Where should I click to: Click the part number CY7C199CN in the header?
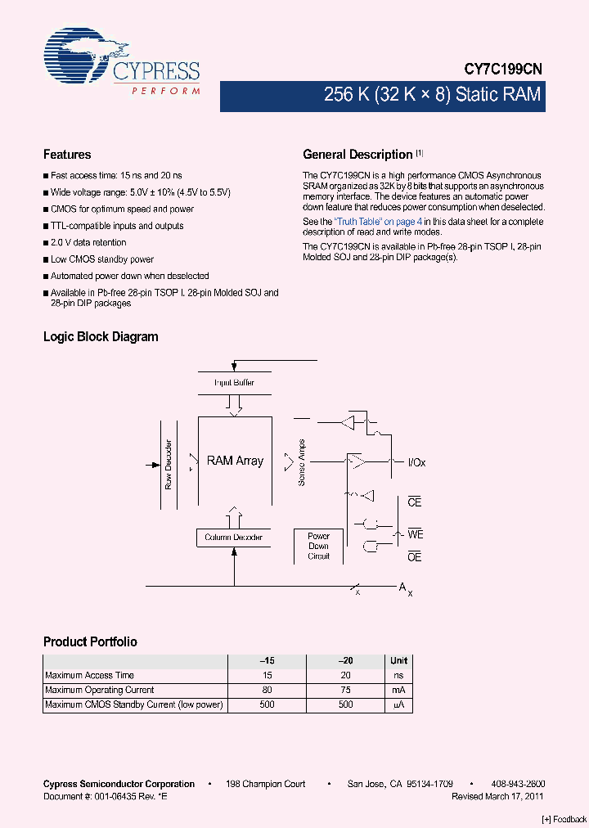[x=503, y=71]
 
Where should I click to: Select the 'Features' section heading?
[x=67, y=155]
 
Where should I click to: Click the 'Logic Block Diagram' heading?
[x=101, y=337]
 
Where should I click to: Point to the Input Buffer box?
[x=234, y=383]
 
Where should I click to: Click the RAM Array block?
[x=235, y=461]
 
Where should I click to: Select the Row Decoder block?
[x=169, y=465]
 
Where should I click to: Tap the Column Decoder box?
[x=233, y=538]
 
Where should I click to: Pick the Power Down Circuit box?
[x=318, y=546]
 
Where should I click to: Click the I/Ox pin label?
[x=416, y=463]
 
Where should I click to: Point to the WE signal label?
[x=416, y=534]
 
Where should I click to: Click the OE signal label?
[x=415, y=557]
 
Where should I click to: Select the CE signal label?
[x=415, y=502]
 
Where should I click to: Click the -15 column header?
[x=267, y=660]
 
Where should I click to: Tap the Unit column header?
[x=398, y=660]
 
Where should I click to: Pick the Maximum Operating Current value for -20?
[x=345, y=690]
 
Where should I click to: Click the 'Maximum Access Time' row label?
[x=90, y=675]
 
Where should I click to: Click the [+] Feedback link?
[x=564, y=819]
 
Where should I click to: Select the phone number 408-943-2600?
[x=519, y=784]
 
